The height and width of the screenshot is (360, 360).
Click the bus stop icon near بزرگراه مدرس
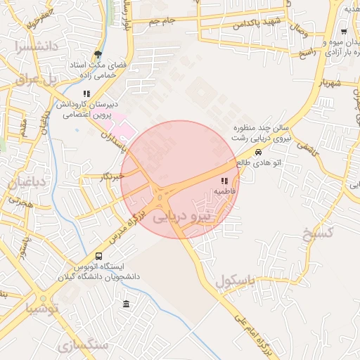point(98,257)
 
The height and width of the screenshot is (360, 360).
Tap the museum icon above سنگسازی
point(126,304)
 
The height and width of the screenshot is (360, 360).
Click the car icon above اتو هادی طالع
point(259,152)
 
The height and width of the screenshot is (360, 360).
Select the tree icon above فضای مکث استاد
point(98,54)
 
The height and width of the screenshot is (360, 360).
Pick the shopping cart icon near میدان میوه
point(343,32)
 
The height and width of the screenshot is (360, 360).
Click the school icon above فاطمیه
point(224,181)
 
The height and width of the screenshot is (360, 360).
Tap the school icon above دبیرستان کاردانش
point(86,93)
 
